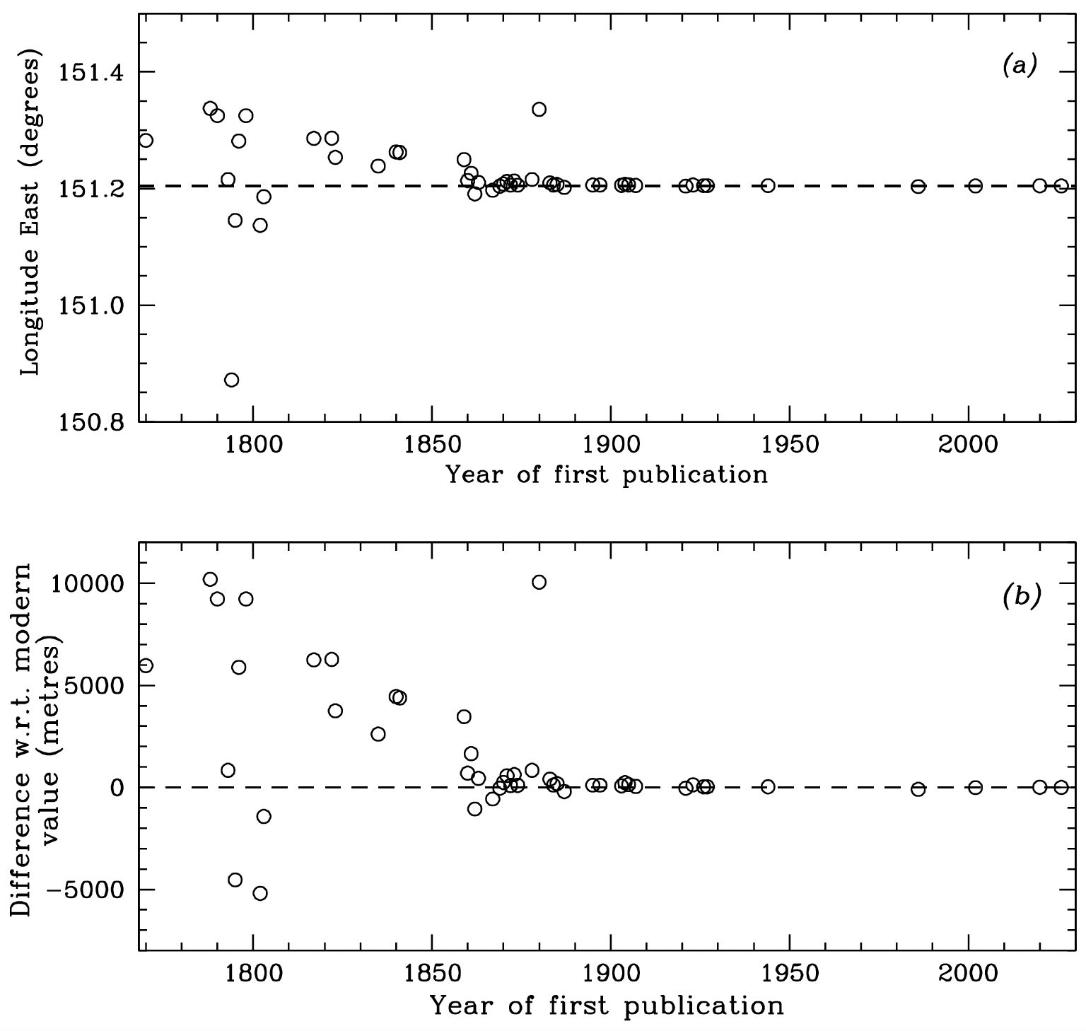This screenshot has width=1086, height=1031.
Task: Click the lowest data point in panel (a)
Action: (231, 380)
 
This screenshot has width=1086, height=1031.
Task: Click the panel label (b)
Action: (1020, 597)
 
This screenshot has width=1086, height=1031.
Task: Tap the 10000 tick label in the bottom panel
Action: (86, 584)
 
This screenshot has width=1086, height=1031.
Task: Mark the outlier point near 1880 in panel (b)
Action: (539, 582)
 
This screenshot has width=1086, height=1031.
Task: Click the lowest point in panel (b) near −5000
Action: (260, 893)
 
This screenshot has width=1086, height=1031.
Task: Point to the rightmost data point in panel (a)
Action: (1061, 186)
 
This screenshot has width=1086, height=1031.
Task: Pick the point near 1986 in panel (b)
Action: (918, 789)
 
